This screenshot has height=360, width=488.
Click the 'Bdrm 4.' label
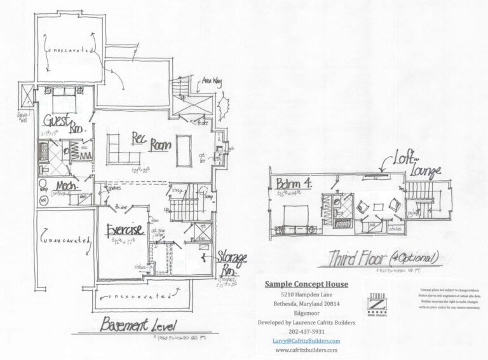tap(292, 184)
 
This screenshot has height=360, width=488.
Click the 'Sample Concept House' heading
tap(310, 284)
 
